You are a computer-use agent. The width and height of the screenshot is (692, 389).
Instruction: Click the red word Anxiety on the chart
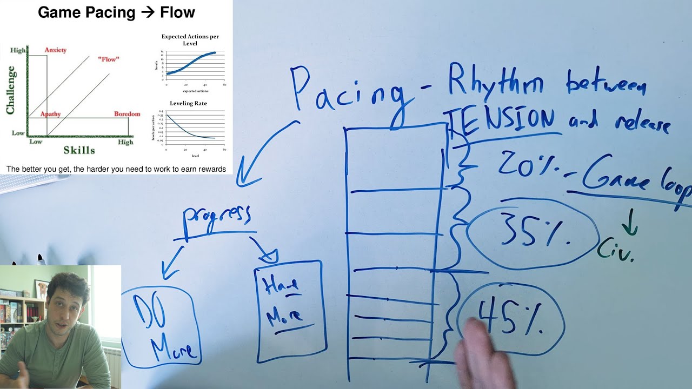pyautogui.click(x=56, y=50)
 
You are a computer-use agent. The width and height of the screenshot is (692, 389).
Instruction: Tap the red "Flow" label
pyautogui.click(x=109, y=59)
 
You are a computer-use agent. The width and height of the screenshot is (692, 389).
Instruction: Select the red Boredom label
pyautogui.click(x=127, y=114)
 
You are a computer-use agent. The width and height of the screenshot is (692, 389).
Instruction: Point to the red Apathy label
pyautogui.click(x=50, y=114)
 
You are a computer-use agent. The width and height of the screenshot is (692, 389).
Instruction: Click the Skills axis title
pyautogui.click(x=79, y=150)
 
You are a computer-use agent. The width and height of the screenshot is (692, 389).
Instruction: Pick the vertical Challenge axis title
pyautogui.click(x=10, y=90)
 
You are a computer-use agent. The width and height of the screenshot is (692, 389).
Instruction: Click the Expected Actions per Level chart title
pyautogui.click(x=190, y=39)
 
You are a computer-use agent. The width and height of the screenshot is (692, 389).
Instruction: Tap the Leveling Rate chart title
pyautogui.click(x=188, y=103)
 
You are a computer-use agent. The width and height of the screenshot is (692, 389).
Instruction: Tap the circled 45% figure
pyautogui.click(x=511, y=318)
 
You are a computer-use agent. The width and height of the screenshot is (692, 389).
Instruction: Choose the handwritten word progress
pyautogui.click(x=217, y=216)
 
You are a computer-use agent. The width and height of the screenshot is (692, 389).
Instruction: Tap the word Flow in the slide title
pyautogui.click(x=178, y=12)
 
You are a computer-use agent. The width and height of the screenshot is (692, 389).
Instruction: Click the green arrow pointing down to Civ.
pyautogui.click(x=629, y=223)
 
